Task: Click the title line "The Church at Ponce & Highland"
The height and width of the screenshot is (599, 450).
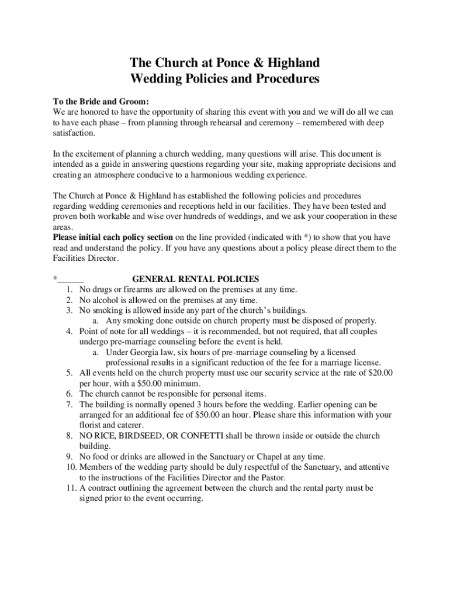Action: coord(224,63)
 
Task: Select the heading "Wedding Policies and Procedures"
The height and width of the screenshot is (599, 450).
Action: coord(224,79)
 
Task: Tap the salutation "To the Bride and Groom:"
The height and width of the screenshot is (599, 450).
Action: coord(96,101)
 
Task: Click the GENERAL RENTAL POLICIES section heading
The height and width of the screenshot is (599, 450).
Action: coord(196,279)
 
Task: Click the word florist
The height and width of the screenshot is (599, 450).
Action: coord(89,425)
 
